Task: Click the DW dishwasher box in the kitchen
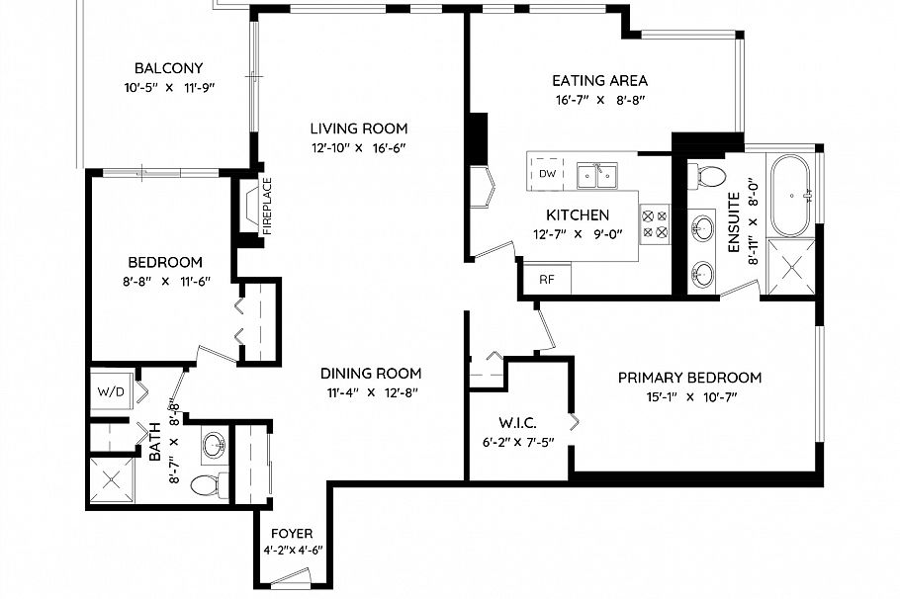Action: pyautogui.click(x=547, y=174)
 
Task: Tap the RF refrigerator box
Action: pyautogui.click(x=547, y=279)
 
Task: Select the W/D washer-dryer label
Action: pyautogui.click(x=111, y=390)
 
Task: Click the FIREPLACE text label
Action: pyautogui.click(x=266, y=206)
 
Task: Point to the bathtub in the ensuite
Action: pyautogui.click(x=795, y=194)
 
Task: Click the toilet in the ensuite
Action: pyautogui.click(x=709, y=176)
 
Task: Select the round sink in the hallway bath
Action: pyautogui.click(x=215, y=447)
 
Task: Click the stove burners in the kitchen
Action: pyautogui.click(x=655, y=222)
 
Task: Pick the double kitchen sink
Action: pyautogui.click(x=597, y=175)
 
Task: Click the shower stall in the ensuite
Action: pyautogui.click(x=793, y=267)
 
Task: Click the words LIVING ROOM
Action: pyautogui.click(x=358, y=128)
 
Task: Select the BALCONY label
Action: pyautogui.click(x=169, y=68)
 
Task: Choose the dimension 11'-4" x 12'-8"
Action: pyautogui.click(x=371, y=392)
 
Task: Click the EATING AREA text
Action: pyautogui.click(x=599, y=81)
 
